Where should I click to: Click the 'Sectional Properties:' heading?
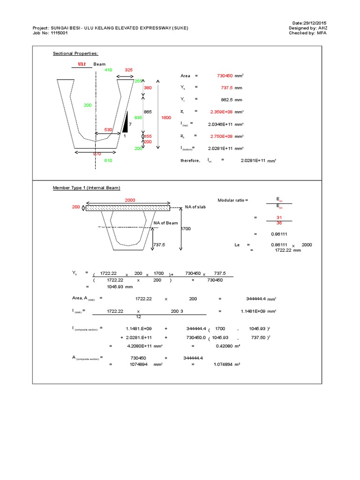click(75, 54)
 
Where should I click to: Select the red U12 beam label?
click(82, 64)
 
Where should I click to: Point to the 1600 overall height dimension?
click(166, 118)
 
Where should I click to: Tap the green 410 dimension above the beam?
click(108, 69)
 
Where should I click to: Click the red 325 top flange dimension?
click(129, 69)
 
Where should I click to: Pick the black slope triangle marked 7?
click(126, 121)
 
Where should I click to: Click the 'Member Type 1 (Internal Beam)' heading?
click(86, 188)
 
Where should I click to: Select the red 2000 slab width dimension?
click(130, 200)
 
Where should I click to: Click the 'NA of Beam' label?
click(166, 223)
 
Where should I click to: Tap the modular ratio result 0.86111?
click(279, 233)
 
